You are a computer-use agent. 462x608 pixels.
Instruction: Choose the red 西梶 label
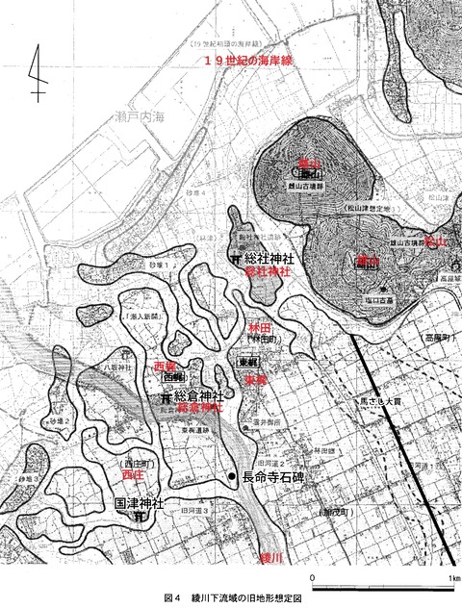[x=165, y=367]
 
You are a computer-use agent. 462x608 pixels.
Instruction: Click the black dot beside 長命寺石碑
[x=231, y=477]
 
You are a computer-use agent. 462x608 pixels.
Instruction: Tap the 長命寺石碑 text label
[x=278, y=477]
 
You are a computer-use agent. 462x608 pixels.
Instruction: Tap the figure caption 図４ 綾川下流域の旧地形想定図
[x=232, y=597]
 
